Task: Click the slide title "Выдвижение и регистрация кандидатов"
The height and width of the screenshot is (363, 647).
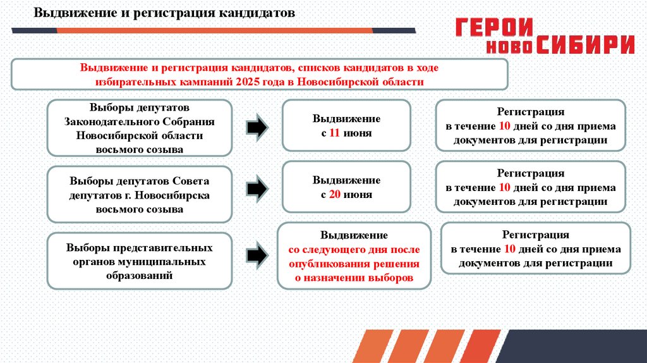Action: click(164, 13)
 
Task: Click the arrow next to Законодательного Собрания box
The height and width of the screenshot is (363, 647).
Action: click(256, 128)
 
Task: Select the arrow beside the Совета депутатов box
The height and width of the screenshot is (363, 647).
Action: click(256, 188)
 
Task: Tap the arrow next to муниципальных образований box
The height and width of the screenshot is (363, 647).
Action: click(256, 255)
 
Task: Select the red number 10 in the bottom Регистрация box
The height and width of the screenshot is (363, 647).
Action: click(509, 249)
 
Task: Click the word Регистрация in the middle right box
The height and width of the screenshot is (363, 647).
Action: click(530, 173)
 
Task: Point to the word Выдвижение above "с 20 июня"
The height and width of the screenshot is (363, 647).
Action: click(346, 180)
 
